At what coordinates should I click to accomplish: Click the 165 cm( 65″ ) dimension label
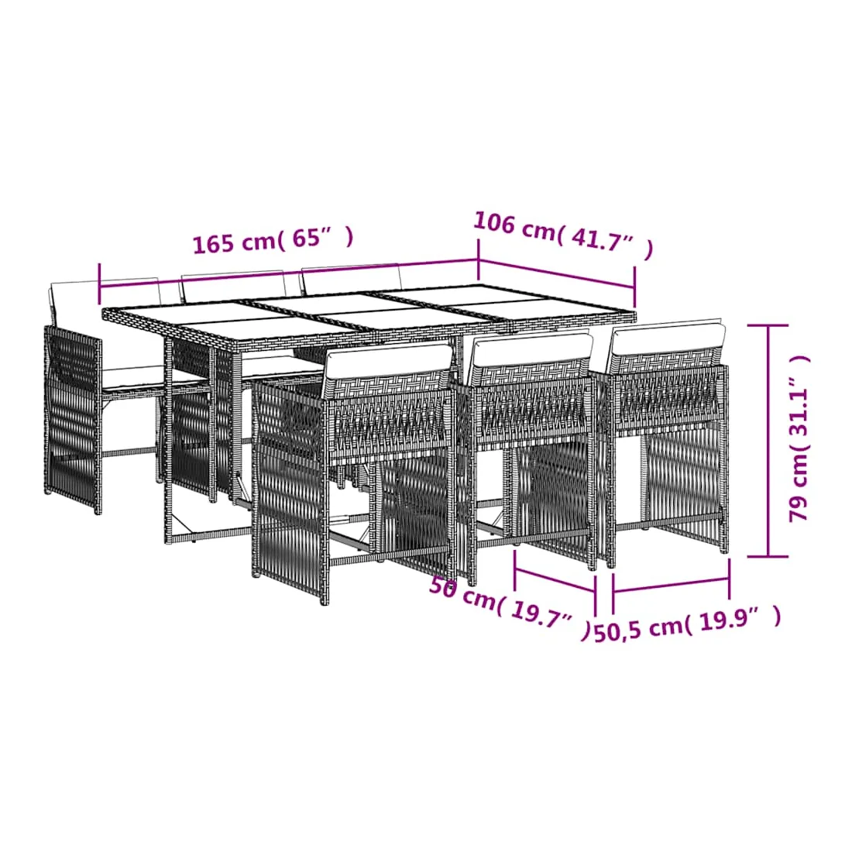pyautogui.click(x=273, y=239)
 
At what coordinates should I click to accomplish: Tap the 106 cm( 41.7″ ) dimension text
pyautogui.click(x=563, y=235)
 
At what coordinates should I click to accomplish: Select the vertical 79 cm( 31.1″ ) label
pyautogui.click(x=799, y=438)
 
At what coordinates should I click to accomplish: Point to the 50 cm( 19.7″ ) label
pyautogui.click(x=509, y=607)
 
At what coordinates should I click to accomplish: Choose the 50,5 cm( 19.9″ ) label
pyautogui.click(x=687, y=624)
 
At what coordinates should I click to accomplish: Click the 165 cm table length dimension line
pyautogui.click(x=289, y=273)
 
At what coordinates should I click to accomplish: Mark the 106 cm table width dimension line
pyautogui.click(x=556, y=274)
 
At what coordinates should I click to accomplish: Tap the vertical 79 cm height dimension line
pyautogui.click(x=768, y=441)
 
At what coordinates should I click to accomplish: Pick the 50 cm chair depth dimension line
pyautogui.click(x=555, y=580)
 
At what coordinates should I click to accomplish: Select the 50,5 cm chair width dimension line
pyautogui.click(x=671, y=586)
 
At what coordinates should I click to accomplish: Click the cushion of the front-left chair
pyautogui.click(x=386, y=362)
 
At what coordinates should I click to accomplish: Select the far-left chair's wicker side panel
pyautogui.click(x=72, y=418)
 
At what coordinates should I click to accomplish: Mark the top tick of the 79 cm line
pyautogui.click(x=768, y=325)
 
